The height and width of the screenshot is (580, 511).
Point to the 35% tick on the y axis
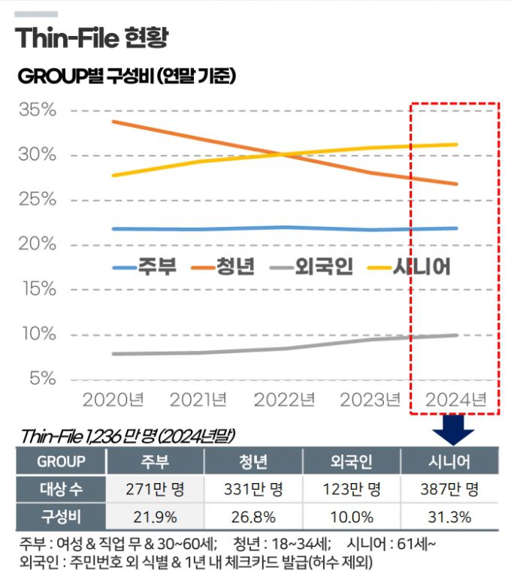click(38, 110)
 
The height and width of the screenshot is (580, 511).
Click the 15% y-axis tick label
click(38, 289)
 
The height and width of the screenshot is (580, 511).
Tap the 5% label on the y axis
click(42, 379)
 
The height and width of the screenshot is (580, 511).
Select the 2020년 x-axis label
click(113, 399)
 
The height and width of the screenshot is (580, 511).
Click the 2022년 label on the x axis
click(284, 399)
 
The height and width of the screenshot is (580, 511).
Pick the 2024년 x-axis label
click(455, 399)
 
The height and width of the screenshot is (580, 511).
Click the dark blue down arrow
click(453, 430)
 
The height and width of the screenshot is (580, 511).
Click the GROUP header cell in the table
click(62, 461)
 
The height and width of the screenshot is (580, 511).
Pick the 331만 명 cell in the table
click(253, 490)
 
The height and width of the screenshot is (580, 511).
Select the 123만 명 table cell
click(352, 490)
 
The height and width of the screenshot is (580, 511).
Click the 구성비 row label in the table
click(62, 517)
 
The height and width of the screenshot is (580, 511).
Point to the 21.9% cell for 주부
click(156, 517)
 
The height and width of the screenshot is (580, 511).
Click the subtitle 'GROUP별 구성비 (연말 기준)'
click(127, 76)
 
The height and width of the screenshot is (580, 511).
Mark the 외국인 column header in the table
click(352, 461)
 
